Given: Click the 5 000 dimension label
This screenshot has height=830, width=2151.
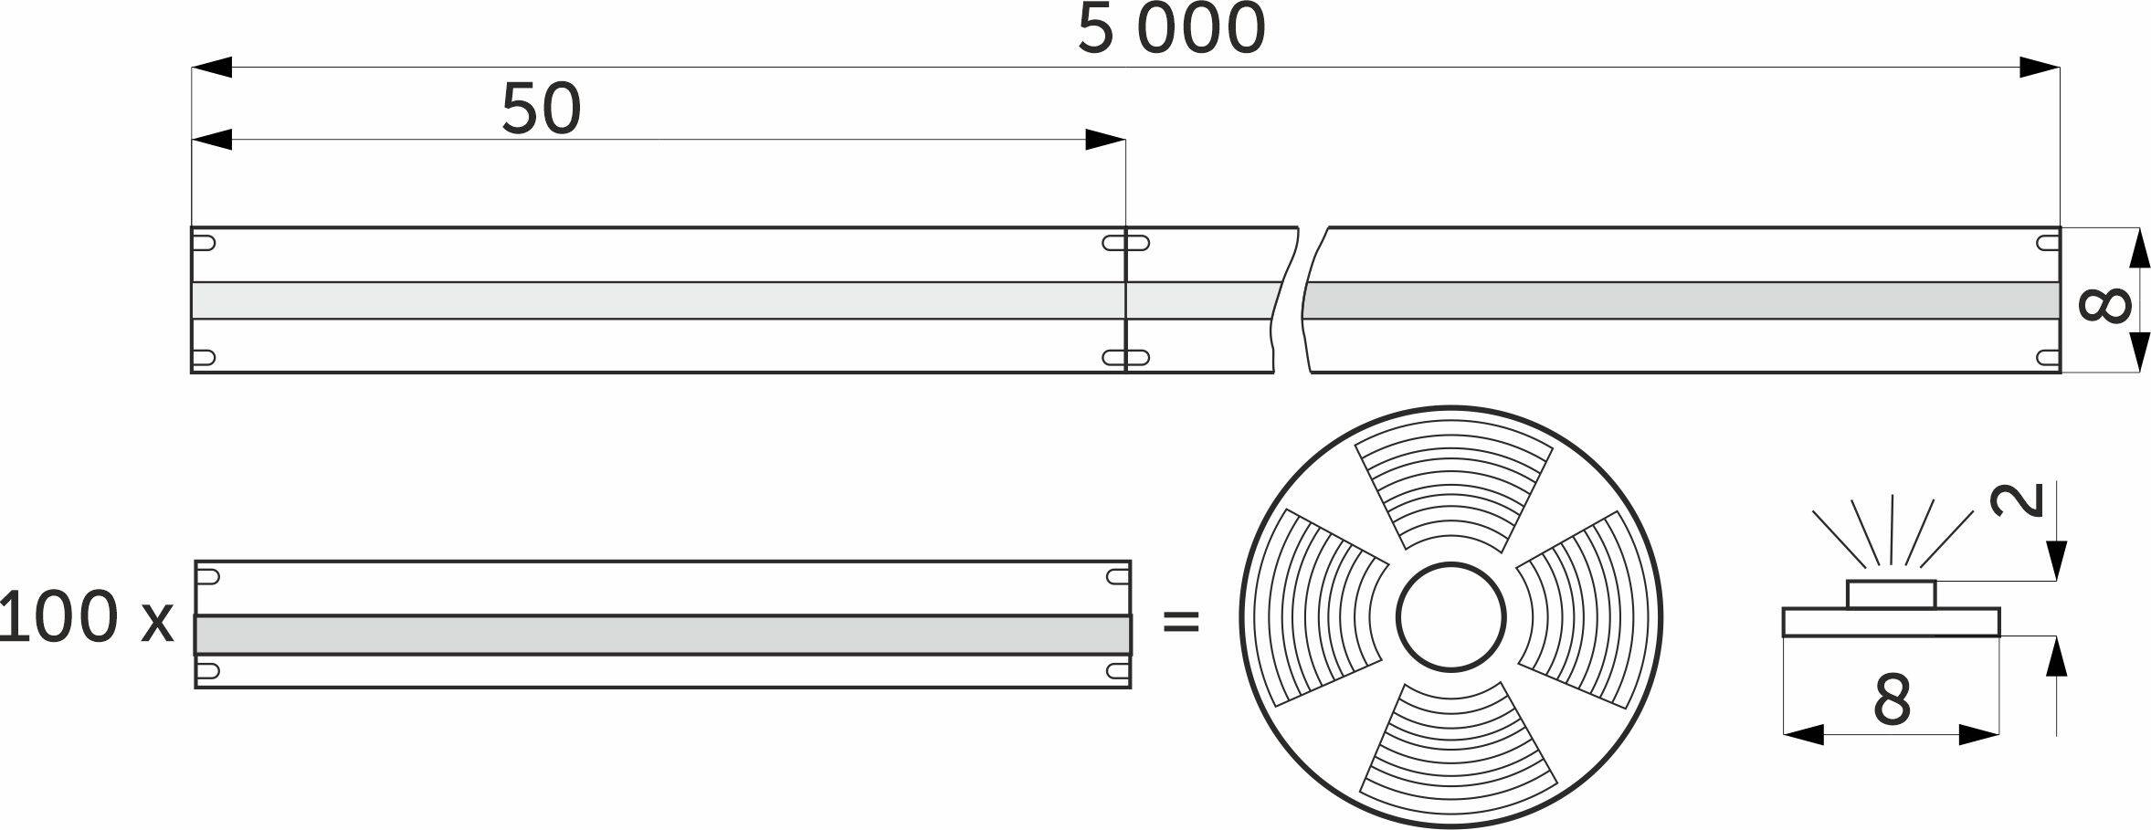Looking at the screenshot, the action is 1172,29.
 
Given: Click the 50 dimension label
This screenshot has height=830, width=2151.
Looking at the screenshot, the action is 542,109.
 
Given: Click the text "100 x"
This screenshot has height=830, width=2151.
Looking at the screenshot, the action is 87,617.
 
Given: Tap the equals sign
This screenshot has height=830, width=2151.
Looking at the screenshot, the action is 1180,622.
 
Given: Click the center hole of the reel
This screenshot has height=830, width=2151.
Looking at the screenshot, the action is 1450,617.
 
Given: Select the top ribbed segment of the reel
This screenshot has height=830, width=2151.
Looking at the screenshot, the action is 1451,489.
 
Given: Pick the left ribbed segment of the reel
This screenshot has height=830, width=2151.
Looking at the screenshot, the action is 1324,607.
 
